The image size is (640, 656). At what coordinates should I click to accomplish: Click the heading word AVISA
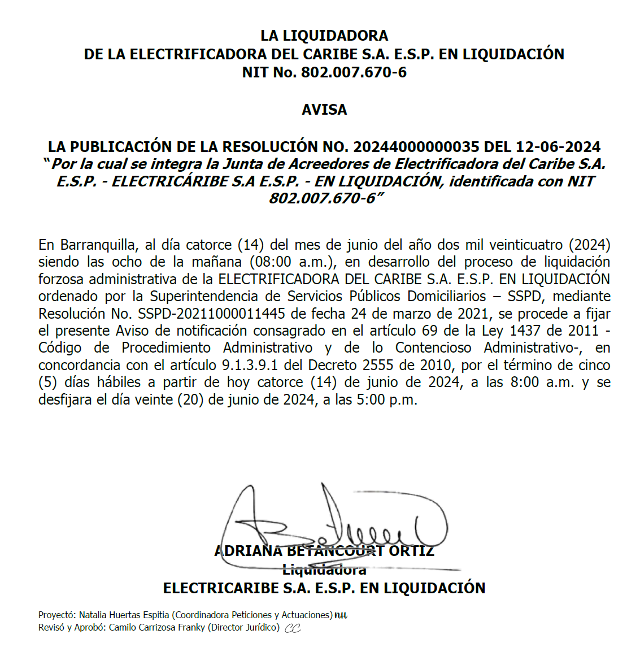pyautogui.click(x=324, y=110)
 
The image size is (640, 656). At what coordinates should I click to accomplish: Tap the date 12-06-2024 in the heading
pyautogui.click(x=558, y=147)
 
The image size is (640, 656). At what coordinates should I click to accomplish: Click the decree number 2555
pyautogui.click(x=378, y=365)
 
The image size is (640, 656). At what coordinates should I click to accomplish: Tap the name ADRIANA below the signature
pyautogui.click(x=249, y=551)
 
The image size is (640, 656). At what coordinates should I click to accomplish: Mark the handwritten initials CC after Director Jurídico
pyautogui.click(x=293, y=628)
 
